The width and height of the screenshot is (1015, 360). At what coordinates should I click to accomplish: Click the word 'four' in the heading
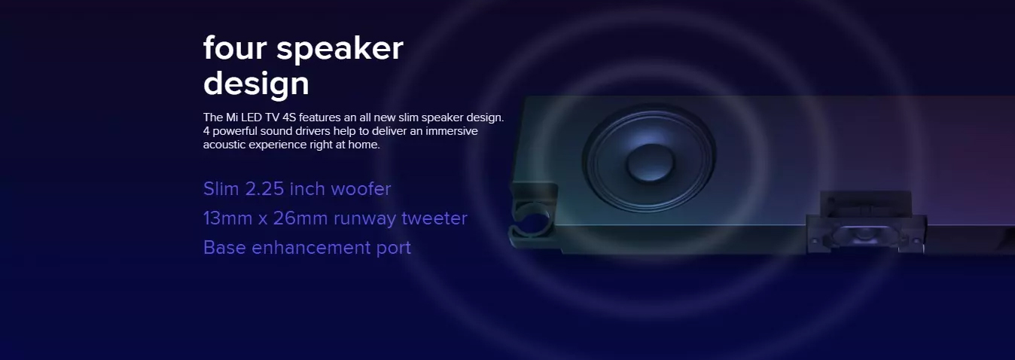coord(235,47)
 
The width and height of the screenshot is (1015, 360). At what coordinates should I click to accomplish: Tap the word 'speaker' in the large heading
coord(340,50)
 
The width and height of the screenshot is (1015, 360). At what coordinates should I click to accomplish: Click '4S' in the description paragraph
coord(289,117)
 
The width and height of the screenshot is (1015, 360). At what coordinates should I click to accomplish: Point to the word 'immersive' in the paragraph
coord(451,131)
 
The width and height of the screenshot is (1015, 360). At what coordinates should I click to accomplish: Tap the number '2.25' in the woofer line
coord(264,189)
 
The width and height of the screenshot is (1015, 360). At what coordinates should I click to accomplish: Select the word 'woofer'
coord(361,189)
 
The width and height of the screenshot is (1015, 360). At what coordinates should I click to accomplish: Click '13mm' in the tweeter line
coord(227,218)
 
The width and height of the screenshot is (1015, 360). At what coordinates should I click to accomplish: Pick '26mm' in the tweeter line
coord(300,218)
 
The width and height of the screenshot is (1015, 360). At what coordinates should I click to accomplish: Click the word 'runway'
coord(364,220)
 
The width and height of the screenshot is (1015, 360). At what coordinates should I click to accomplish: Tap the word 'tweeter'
coord(434,218)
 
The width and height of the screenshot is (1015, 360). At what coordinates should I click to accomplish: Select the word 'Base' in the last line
coord(224,248)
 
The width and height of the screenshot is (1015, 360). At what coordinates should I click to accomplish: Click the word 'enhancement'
coord(311,248)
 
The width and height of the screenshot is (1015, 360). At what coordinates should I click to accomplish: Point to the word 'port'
coord(393,249)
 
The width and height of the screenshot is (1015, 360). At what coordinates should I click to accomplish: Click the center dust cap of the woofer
coord(651,163)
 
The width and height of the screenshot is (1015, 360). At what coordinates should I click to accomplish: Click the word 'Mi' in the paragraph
coord(232,117)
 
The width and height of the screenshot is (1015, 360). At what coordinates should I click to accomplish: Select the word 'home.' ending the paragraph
coord(364,145)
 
